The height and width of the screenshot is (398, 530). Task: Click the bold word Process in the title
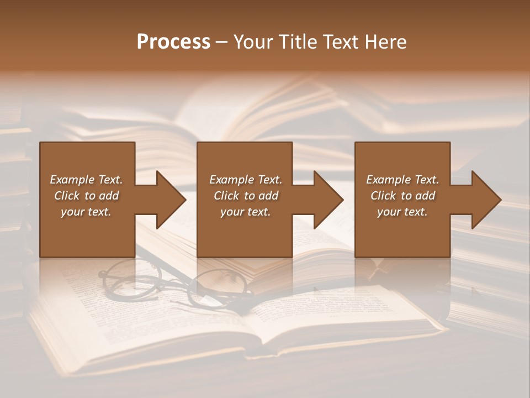[x=173, y=42]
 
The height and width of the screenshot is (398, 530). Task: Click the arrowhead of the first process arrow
[x=171, y=200]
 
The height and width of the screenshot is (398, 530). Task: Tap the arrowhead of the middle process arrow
[x=328, y=200]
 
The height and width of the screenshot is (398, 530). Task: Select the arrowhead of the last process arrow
[x=486, y=200]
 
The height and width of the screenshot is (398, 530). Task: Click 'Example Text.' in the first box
[x=86, y=180]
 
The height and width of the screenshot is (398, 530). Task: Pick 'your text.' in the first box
[x=86, y=212]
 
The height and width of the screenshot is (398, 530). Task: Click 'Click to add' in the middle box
[x=246, y=196]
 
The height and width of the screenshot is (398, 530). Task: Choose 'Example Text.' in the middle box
[x=246, y=180]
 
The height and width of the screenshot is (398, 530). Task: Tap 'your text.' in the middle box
[x=246, y=212]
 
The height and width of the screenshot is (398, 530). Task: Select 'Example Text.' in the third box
[x=402, y=180]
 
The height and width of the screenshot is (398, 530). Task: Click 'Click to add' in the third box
[x=402, y=196]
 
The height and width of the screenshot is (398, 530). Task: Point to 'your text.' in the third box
[x=402, y=212]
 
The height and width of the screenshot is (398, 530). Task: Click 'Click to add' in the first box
[x=86, y=196]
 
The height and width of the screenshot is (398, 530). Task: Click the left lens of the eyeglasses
[x=130, y=279]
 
